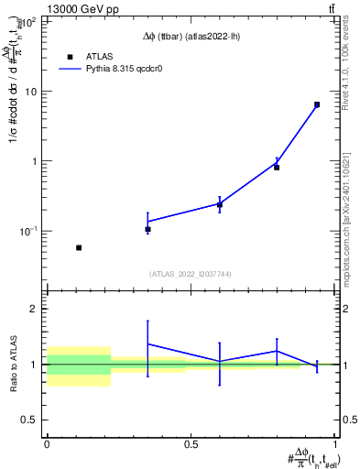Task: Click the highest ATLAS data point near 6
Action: click(x=317, y=104)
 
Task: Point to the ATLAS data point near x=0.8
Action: click(x=277, y=167)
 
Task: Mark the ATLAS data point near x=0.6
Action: click(x=220, y=205)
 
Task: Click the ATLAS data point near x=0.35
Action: click(x=147, y=229)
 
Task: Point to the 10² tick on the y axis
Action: click(x=30, y=22)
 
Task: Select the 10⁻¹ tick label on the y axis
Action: click(x=30, y=231)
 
